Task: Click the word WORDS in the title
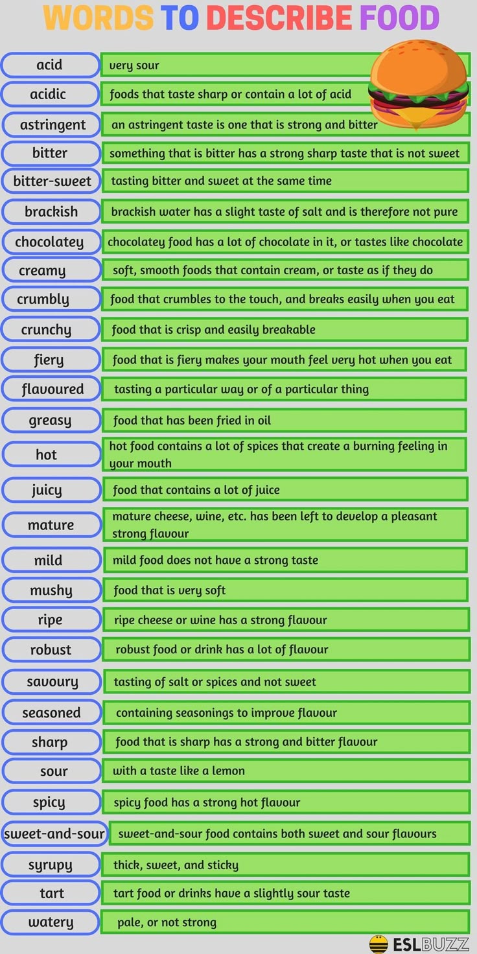(x=98, y=18)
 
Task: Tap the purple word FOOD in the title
(x=399, y=18)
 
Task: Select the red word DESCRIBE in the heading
(x=279, y=18)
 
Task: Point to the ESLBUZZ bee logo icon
(x=378, y=944)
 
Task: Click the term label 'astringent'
(x=52, y=124)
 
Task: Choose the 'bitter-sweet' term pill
(x=52, y=181)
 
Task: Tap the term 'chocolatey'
(x=49, y=242)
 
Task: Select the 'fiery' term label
(x=49, y=360)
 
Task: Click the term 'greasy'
(x=50, y=421)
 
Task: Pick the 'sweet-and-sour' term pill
(x=54, y=833)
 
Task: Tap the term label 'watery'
(x=51, y=922)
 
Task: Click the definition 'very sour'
(x=134, y=65)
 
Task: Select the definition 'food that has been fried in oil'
(x=192, y=421)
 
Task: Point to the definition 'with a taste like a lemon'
(x=179, y=771)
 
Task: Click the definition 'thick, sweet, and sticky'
(x=176, y=865)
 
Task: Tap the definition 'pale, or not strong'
(x=167, y=922)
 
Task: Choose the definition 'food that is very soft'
(x=170, y=590)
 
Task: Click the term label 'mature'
(x=51, y=525)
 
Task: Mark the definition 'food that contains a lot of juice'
(x=196, y=490)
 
